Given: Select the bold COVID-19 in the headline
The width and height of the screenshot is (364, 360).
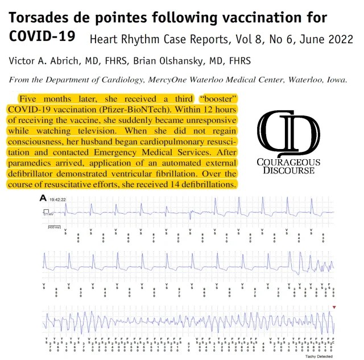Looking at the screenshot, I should [x=43, y=36].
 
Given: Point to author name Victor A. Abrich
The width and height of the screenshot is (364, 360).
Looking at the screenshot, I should [x=45, y=60].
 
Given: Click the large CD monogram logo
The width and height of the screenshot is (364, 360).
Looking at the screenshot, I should [x=287, y=131].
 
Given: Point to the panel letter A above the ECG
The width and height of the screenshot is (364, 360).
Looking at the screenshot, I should [x=43, y=198].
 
